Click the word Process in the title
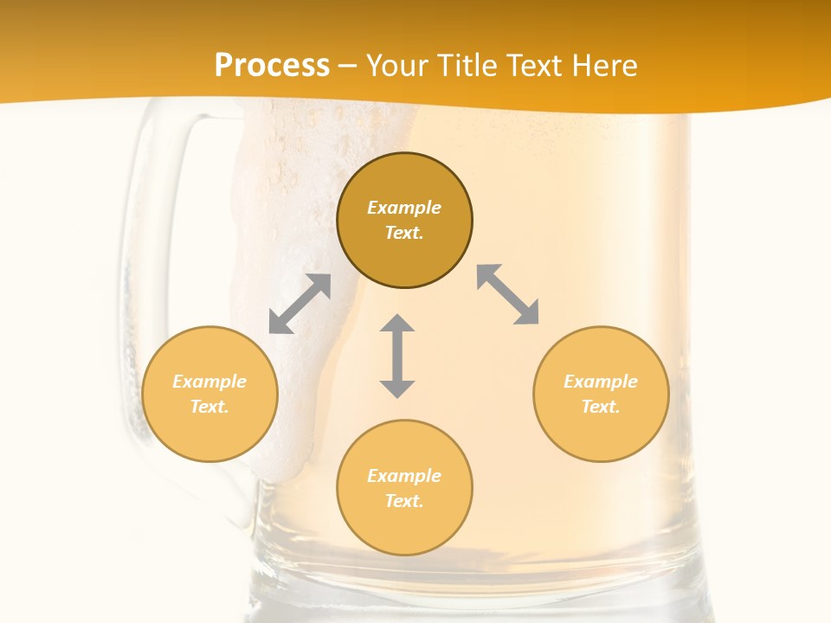pos(272,66)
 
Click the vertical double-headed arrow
pos(397,356)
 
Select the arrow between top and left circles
pos(300,304)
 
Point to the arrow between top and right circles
pos(508,295)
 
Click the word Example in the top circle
pos(404,208)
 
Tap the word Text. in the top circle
pos(404,233)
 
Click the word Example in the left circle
pos(209,382)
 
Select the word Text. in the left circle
pos(209,407)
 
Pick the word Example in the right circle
pos(601,382)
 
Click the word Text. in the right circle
pos(601,407)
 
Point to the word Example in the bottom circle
pos(404,476)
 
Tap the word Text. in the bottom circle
pos(404,501)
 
